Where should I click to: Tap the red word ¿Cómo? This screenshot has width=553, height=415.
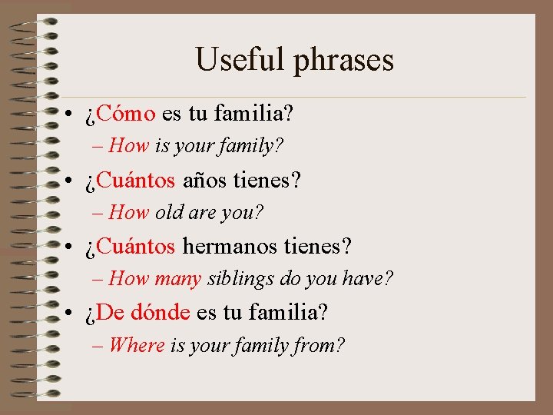pos(121,115)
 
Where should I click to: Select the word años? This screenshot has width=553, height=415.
pos(204,181)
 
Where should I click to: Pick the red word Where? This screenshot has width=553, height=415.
pos(137,345)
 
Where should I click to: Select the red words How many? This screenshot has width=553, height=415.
pos(155,278)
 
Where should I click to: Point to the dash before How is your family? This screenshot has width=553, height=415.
pos(98,145)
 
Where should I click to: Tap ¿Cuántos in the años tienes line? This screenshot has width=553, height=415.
pos(130,181)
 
